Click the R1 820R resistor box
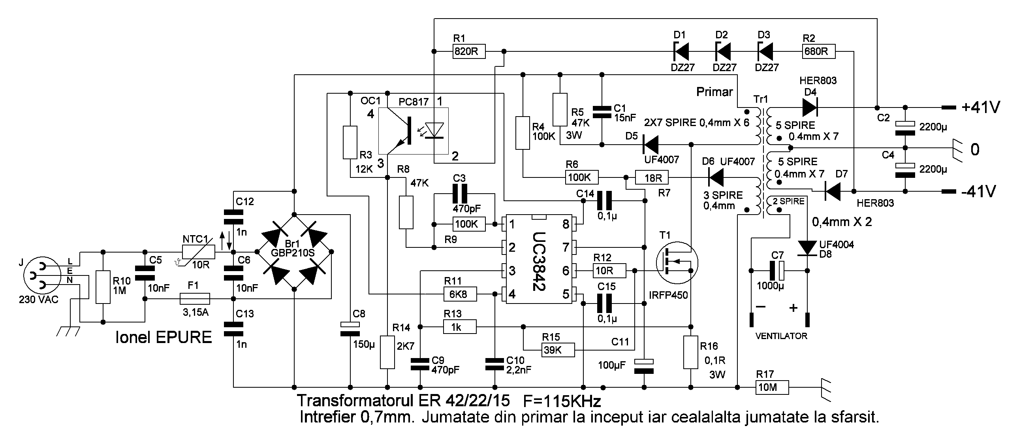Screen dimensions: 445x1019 pyautogui.click(x=469, y=51)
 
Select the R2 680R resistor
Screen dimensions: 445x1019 pyautogui.click(x=819, y=51)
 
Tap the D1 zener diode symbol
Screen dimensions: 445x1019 pyautogui.click(x=681, y=51)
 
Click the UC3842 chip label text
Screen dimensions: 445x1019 pyautogui.click(x=538, y=261)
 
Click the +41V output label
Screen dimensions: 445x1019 pyautogui.click(x=980, y=107)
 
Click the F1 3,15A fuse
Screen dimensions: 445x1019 pyautogui.click(x=195, y=298)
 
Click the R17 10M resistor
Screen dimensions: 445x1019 pyautogui.click(x=772, y=387)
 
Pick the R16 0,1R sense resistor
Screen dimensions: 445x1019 pyautogui.click(x=691, y=353)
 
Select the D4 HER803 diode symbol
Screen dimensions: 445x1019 pyautogui.click(x=810, y=107)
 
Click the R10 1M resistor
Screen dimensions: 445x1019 pyautogui.click(x=103, y=287)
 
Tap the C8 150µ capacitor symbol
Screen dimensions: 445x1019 pyautogui.click(x=350, y=329)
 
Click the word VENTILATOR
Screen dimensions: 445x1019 pyautogui.click(x=781, y=336)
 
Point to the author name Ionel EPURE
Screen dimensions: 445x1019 pyautogui.click(x=164, y=338)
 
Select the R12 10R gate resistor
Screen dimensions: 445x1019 pyautogui.click(x=609, y=271)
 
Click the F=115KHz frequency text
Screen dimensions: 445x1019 pyautogui.click(x=562, y=401)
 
